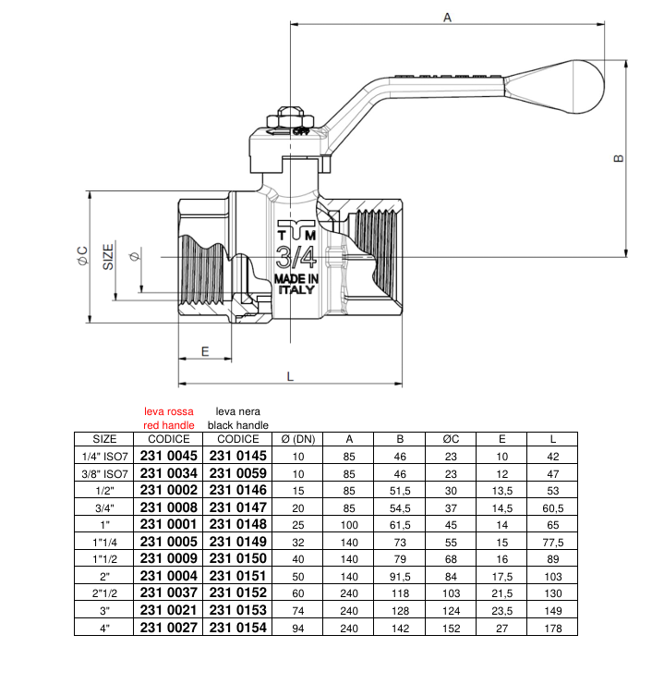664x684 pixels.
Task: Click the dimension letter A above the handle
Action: (447, 17)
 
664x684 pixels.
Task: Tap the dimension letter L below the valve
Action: (289, 376)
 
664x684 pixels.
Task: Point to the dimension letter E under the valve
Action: (205, 351)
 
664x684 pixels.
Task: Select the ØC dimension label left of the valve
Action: (82, 257)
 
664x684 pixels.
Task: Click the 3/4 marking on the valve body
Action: (296, 256)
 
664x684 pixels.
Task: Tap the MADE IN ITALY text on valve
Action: (296, 284)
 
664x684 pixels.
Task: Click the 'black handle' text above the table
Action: (237, 424)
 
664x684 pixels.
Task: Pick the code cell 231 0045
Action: (169, 455)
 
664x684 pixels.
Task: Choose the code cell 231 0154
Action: (237, 628)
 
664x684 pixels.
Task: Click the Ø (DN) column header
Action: (298, 439)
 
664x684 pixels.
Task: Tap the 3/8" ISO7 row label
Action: (105, 472)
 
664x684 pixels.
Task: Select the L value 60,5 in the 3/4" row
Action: (553, 507)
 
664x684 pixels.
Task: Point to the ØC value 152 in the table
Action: (452, 628)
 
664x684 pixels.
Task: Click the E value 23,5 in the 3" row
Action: (502, 610)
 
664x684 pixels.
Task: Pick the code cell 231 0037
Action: (169, 593)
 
